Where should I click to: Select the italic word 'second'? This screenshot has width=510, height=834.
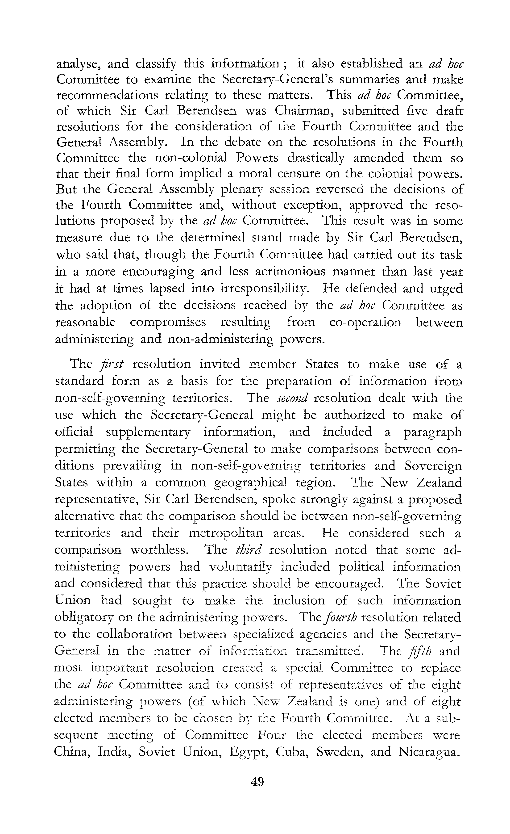[291, 398]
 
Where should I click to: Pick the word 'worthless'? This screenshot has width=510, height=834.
[160, 550]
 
